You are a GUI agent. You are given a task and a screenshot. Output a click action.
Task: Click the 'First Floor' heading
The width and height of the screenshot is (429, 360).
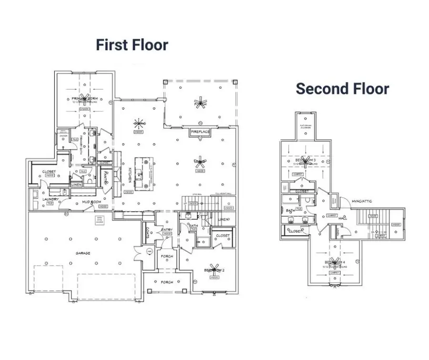click(132, 45)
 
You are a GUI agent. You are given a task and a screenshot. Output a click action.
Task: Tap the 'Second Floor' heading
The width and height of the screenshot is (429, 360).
click(342, 88)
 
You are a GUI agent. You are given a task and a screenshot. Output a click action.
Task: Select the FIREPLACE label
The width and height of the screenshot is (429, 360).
click(201, 131)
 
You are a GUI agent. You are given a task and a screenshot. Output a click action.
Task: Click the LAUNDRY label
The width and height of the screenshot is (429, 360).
click(50, 199)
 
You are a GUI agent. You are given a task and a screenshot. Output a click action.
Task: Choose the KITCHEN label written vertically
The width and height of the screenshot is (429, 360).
click(130, 175)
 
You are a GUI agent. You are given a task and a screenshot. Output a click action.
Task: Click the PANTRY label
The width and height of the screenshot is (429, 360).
click(105, 177)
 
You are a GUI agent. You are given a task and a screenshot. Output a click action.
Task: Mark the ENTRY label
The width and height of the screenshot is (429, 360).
click(167, 230)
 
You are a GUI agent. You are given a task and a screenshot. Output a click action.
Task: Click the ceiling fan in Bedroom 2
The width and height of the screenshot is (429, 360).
click(214, 270)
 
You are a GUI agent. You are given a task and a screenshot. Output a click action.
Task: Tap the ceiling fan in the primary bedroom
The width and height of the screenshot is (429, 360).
click(85, 98)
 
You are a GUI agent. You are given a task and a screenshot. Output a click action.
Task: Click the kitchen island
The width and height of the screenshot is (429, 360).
click(142, 173)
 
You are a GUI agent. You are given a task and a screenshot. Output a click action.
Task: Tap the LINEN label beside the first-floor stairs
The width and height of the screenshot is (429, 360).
click(224, 219)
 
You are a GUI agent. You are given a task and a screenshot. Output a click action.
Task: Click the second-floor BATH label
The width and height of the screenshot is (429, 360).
click(290, 210)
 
